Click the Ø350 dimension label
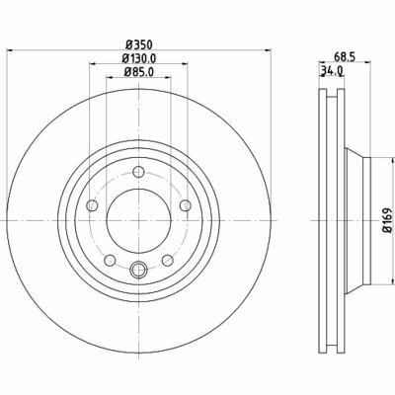click(139, 43)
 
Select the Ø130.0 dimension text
click(139, 58)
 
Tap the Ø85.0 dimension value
click(139, 72)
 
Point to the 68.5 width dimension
click(345, 57)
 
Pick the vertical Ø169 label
click(387, 220)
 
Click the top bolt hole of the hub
click(139, 172)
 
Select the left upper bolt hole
click(92, 205)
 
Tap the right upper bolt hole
click(186, 205)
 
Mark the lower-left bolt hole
click(110, 261)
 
